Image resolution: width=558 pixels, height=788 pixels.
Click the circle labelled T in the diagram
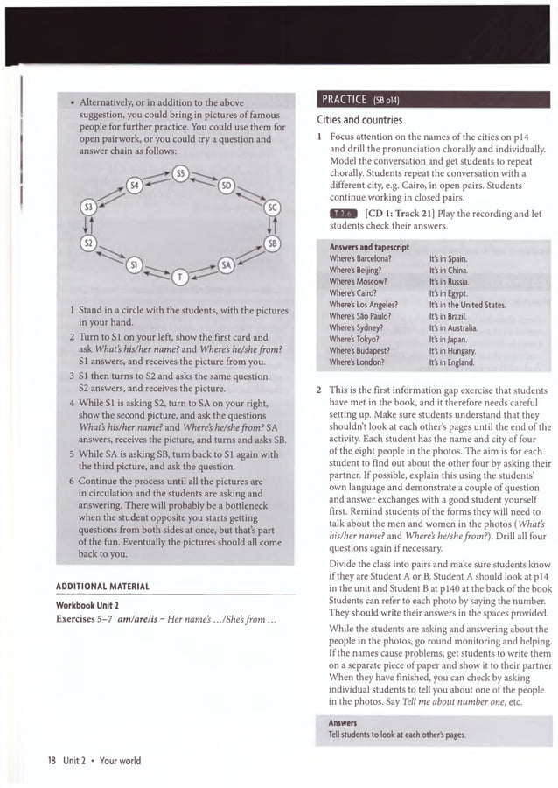(x=181, y=277)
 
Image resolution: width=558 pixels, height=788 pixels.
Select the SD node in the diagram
(x=227, y=186)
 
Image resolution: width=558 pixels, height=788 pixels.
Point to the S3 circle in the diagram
(x=87, y=208)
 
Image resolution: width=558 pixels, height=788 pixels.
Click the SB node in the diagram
(x=272, y=243)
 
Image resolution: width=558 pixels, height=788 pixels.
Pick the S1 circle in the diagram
(x=134, y=264)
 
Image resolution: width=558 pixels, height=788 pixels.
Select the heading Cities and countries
(x=359, y=120)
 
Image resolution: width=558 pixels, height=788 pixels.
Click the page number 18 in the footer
(x=52, y=761)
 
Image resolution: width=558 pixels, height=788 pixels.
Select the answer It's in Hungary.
(x=456, y=350)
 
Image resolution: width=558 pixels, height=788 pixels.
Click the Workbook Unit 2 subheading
(x=93, y=605)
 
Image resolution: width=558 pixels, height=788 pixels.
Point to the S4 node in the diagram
(x=134, y=186)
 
